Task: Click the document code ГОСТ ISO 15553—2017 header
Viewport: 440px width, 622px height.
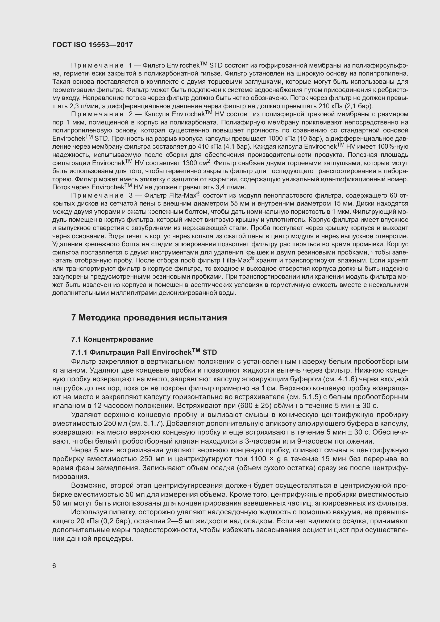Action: click(x=92, y=45)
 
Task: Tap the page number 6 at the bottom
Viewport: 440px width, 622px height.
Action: click(x=54, y=566)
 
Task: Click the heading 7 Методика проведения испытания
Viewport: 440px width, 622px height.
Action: click(x=149, y=318)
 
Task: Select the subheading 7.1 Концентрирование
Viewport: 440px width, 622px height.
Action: click(x=112, y=339)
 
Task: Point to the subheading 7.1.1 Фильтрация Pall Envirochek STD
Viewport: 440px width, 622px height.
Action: click(x=144, y=352)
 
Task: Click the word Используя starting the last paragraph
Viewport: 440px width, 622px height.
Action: click(x=89, y=512)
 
